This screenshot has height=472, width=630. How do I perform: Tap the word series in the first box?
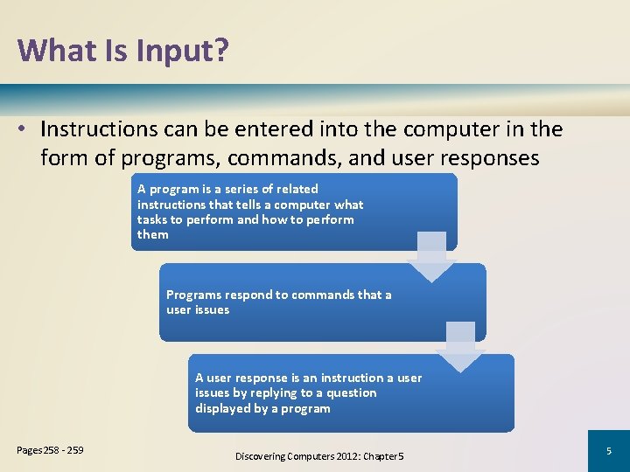tap(254, 189)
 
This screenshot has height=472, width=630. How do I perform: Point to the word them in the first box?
tap(153, 234)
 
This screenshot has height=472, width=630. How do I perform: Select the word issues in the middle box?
tap(211, 309)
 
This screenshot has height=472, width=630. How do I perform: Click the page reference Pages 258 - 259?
tap(50, 450)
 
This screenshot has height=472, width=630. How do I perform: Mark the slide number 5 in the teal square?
tap(608, 451)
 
